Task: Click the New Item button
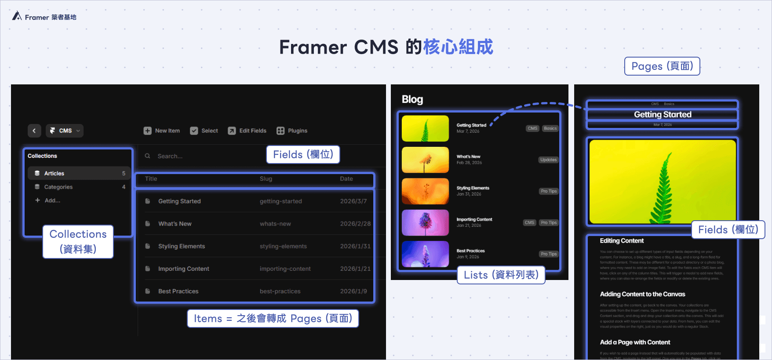[x=162, y=131]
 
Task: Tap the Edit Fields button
[x=247, y=131]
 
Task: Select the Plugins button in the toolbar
[x=292, y=131]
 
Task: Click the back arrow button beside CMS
[x=34, y=131]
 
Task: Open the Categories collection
[x=58, y=187]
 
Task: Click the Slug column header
[x=266, y=179]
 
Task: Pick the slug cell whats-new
[x=275, y=224]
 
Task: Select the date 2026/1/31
[x=355, y=246]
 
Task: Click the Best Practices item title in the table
[x=178, y=291]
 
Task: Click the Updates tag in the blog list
[x=548, y=160]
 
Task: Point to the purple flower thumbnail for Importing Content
[x=425, y=222]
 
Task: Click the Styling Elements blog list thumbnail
[x=425, y=191]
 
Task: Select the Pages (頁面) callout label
[x=662, y=66]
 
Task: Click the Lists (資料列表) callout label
[x=501, y=275]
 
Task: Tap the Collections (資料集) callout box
[x=78, y=241]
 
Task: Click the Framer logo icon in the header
[x=17, y=16]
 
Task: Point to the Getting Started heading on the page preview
[x=663, y=115]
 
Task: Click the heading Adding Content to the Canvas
[x=642, y=294]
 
